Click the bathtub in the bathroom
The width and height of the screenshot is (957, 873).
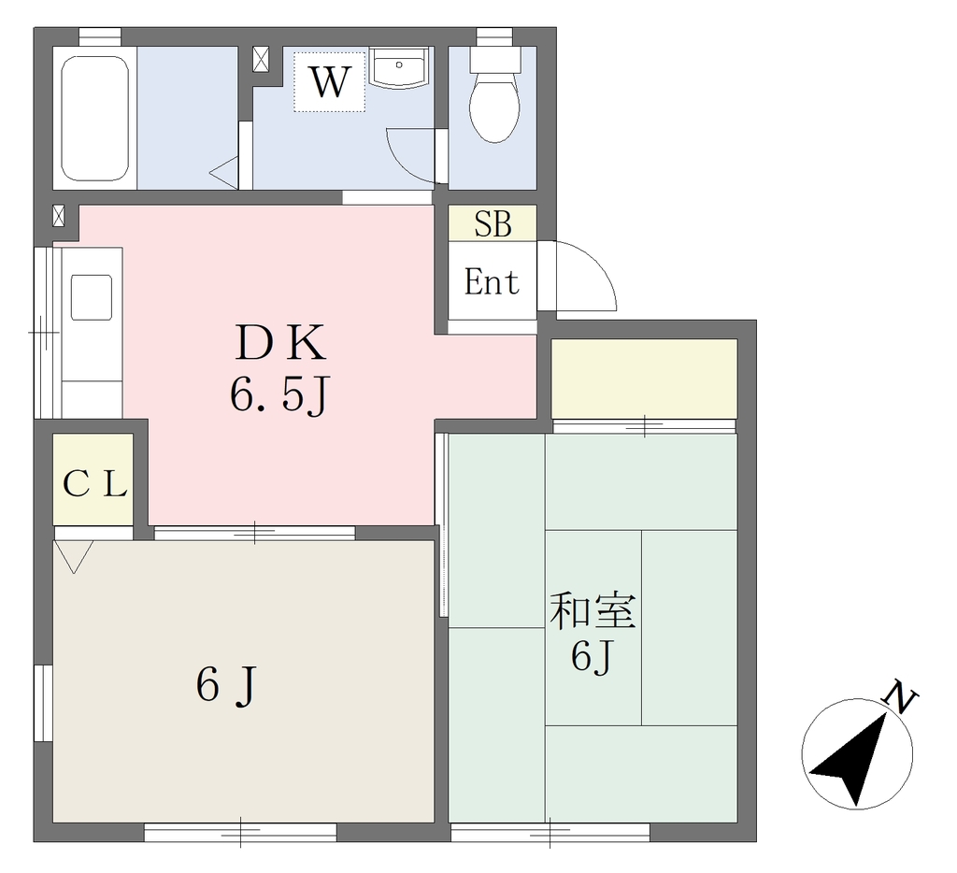tap(94, 119)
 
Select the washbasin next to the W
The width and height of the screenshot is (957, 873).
tap(399, 68)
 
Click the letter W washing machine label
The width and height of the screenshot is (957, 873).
tap(331, 82)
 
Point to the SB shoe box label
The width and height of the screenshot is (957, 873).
tap(493, 223)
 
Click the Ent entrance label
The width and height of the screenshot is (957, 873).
tap(492, 281)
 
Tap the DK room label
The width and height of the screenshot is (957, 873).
tap(280, 343)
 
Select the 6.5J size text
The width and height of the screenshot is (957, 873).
tap(280, 394)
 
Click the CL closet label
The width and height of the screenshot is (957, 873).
tap(94, 484)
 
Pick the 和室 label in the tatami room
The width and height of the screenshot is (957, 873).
tap(593, 611)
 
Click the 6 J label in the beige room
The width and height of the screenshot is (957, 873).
tap(226, 685)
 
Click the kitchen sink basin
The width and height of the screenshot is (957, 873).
tap(92, 297)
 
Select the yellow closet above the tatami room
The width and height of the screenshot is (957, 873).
tap(644, 379)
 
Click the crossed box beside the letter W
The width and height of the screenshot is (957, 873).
tap(261, 59)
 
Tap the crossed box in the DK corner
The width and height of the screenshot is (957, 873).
tap(59, 216)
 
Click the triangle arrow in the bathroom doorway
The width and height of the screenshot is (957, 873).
tap(223, 172)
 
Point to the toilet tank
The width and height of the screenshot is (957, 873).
tap(495, 60)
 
